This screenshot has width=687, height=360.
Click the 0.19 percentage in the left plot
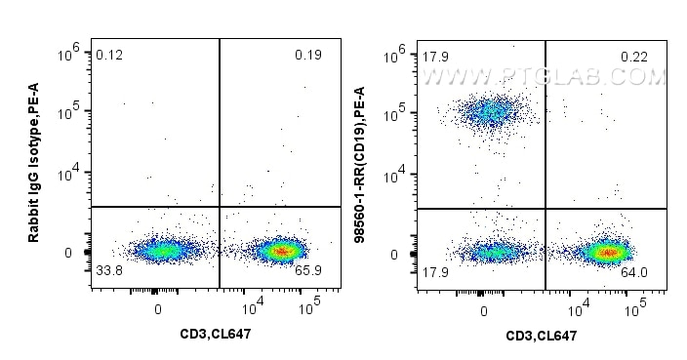(x=307, y=55)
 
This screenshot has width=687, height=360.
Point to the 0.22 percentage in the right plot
(x=635, y=57)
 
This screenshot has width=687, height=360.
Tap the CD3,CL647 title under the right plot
(x=541, y=336)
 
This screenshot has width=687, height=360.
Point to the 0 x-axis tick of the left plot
(x=157, y=310)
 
